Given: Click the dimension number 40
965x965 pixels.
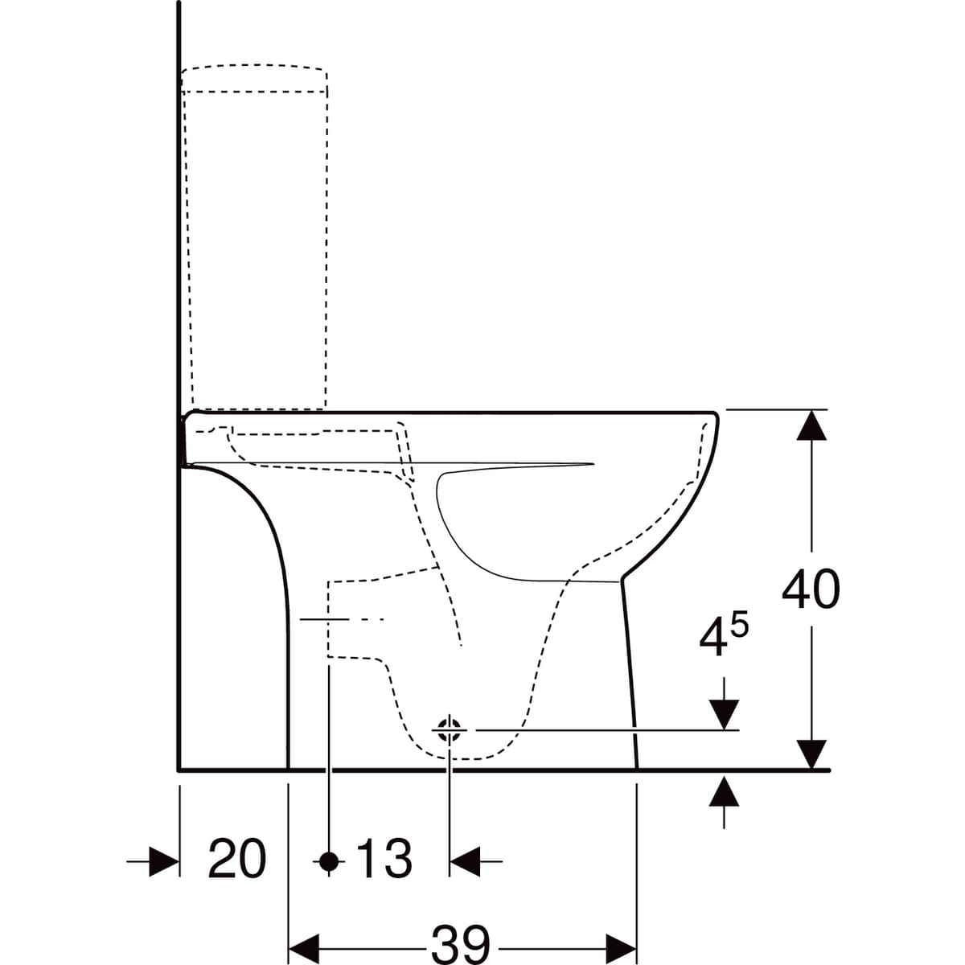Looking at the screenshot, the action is point(811,589).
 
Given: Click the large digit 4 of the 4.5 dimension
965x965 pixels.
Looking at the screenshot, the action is point(713,641).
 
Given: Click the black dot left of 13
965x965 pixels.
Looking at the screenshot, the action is point(329,861).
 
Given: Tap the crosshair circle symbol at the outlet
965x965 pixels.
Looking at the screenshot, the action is point(450,731).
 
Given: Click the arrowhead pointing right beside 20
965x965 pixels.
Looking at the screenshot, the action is point(164,861).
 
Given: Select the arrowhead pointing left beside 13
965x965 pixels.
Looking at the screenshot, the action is point(466,861).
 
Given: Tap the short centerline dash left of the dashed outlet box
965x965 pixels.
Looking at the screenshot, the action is point(323,619).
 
